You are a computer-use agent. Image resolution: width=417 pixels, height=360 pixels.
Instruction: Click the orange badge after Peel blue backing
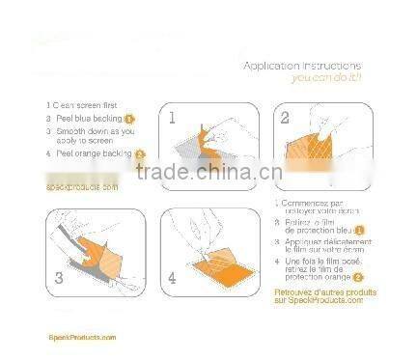129,118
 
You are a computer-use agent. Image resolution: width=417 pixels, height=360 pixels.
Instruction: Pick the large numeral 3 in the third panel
57,275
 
